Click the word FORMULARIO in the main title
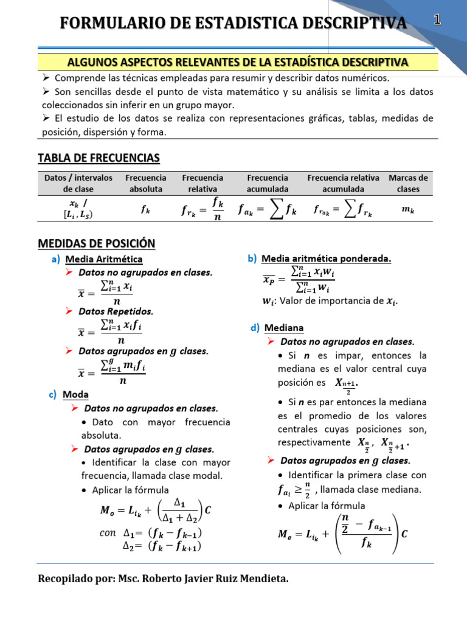[x=116, y=23]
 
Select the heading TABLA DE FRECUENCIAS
[x=99, y=158]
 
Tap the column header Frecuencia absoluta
[x=145, y=183]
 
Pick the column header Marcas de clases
[x=408, y=183]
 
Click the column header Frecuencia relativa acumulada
[x=343, y=183]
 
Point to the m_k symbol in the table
[x=408, y=210]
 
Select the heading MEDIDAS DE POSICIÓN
[x=96, y=243]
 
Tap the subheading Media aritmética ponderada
[x=326, y=259]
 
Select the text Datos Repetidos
[x=116, y=311]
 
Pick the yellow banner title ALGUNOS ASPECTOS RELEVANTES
[x=237, y=63]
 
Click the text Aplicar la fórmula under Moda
[x=130, y=490]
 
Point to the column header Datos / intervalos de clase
[x=78, y=183]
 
